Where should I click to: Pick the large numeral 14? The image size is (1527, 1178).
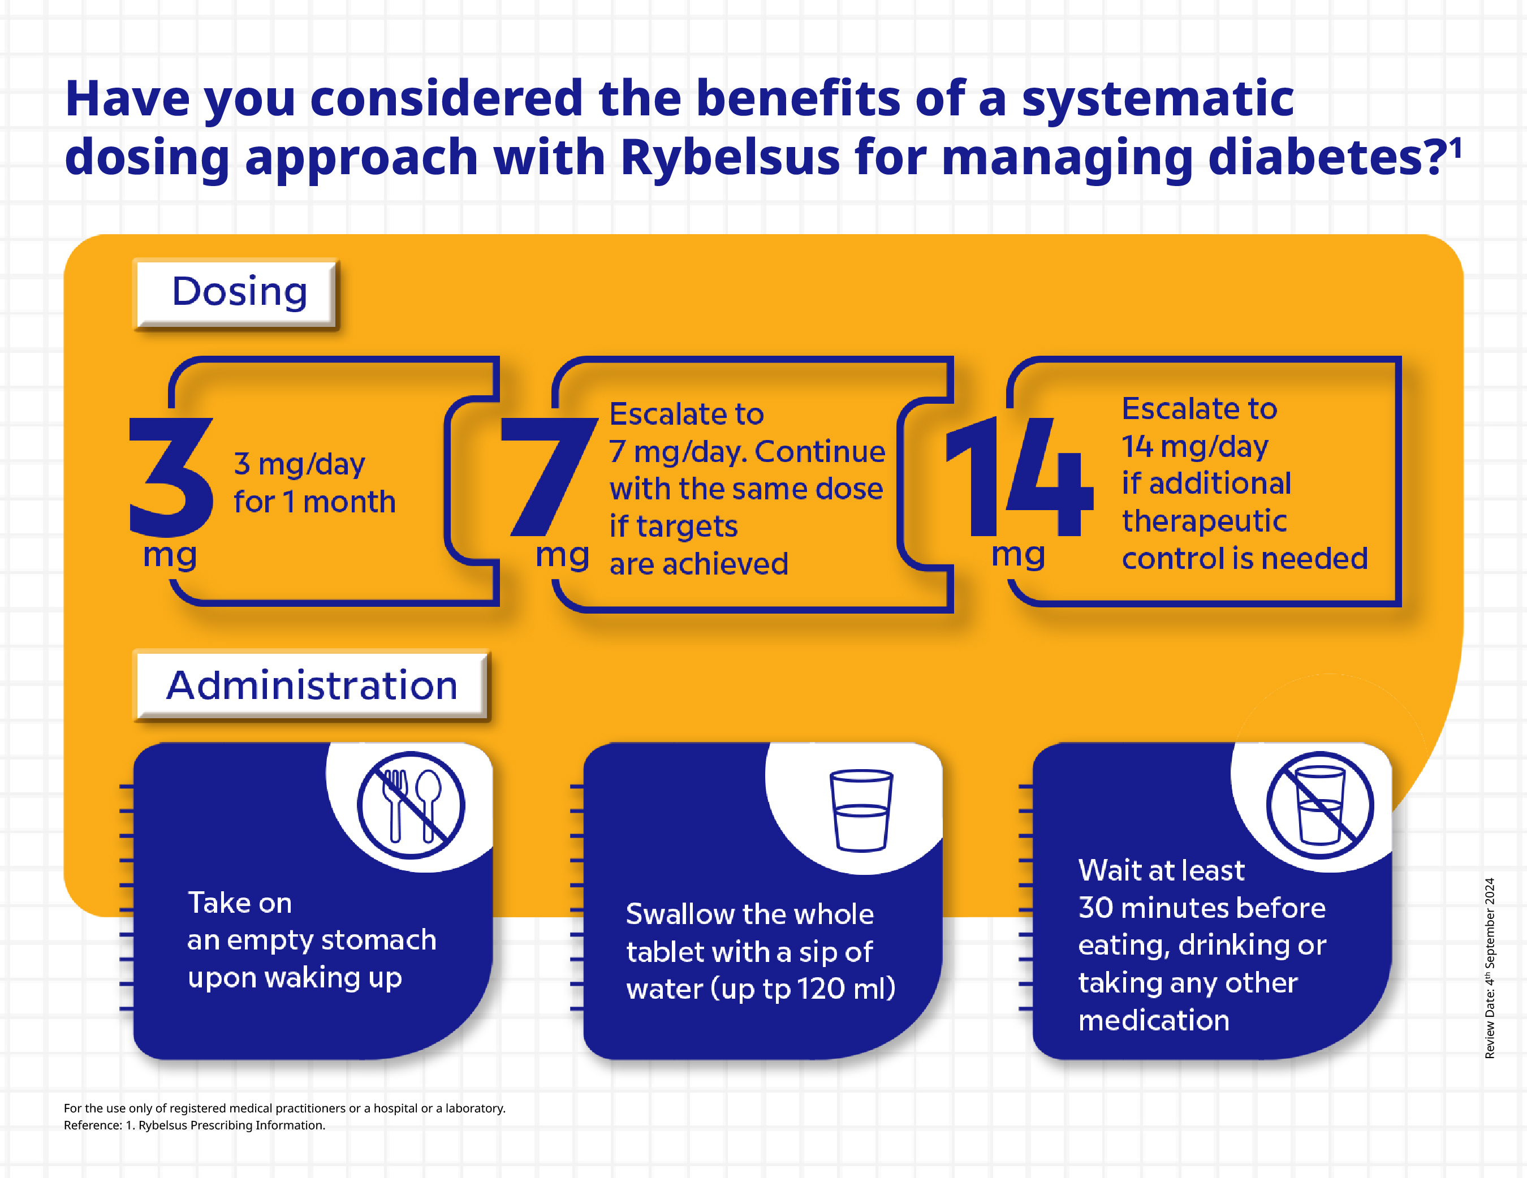point(1017,476)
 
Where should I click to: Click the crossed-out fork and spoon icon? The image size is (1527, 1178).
point(411,805)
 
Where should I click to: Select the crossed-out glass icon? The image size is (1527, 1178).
point(1319,805)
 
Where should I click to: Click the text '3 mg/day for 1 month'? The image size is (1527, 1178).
point(314,483)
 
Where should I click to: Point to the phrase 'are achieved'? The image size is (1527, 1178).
point(698,563)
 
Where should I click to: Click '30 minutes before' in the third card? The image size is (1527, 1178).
point(1201,908)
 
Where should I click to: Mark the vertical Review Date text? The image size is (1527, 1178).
point(1489,968)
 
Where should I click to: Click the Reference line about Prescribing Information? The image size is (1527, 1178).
point(195,1125)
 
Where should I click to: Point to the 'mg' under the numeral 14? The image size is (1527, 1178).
point(1018,554)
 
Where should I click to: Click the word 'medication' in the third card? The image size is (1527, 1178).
point(1154,1021)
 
